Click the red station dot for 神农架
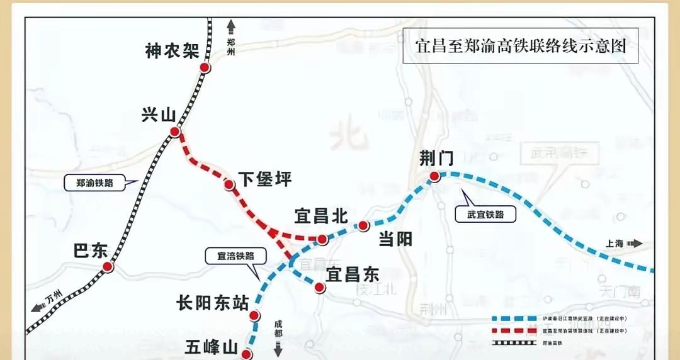point(205,68)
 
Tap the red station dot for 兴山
point(174,132)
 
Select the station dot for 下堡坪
point(230,184)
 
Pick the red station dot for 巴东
point(108,267)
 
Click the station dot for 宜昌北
point(322,239)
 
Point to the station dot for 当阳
point(363,225)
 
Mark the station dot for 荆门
point(434,177)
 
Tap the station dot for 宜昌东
point(319,288)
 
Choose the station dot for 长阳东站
point(254,316)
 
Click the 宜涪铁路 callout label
point(235,256)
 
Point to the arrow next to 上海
point(635,244)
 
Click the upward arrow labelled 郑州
point(231,25)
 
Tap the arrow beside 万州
point(37,307)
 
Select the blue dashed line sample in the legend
point(513,319)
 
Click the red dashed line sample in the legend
point(513,330)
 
